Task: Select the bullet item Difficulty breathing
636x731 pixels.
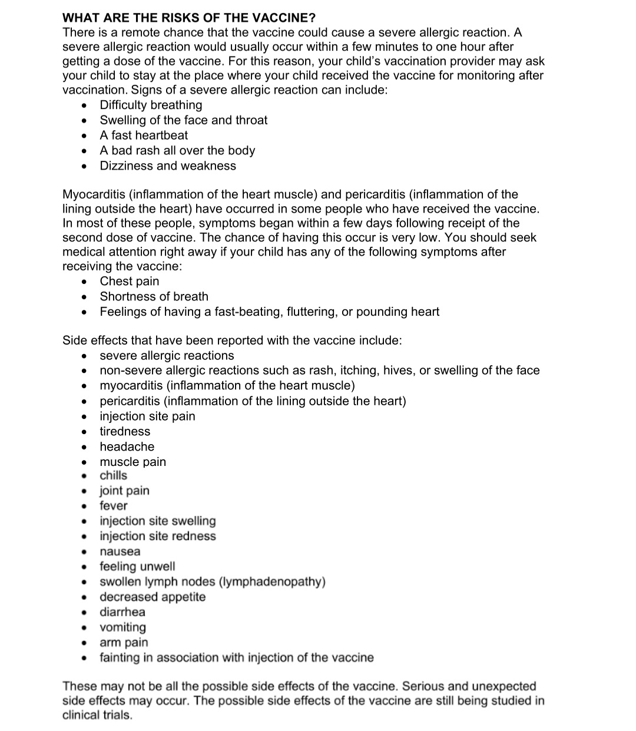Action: pos(151,105)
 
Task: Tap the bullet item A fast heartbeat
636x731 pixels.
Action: pos(144,135)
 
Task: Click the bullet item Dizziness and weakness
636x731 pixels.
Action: pos(168,166)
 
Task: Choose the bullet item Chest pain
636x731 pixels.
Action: pos(130,281)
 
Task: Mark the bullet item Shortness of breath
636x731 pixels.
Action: pos(154,296)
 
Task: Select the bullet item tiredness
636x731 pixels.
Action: pos(125,431)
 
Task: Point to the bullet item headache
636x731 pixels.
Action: pos(127,446)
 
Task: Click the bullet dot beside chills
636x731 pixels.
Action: pos(85,476)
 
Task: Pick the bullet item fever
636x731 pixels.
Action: pos(114,505)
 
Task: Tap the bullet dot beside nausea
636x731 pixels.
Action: pos(85,552)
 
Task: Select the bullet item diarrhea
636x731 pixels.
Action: pos(122,612)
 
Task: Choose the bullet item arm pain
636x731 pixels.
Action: pos(124,642)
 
